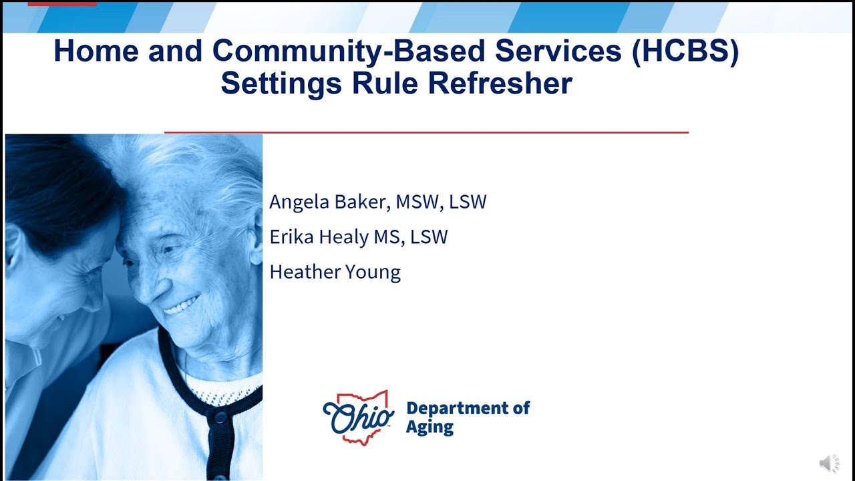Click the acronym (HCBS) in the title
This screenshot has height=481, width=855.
click(685, 51)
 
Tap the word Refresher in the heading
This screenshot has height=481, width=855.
click(500, 84)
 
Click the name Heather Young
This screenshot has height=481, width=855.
click(335, 272)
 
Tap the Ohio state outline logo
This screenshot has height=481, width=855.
click(359, 418)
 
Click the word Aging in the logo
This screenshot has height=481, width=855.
click(430, 427)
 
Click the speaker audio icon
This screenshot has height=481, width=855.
click(829, 463)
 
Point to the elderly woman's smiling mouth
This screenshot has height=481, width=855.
click(182, 305)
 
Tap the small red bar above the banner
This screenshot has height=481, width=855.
click(62, 3)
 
